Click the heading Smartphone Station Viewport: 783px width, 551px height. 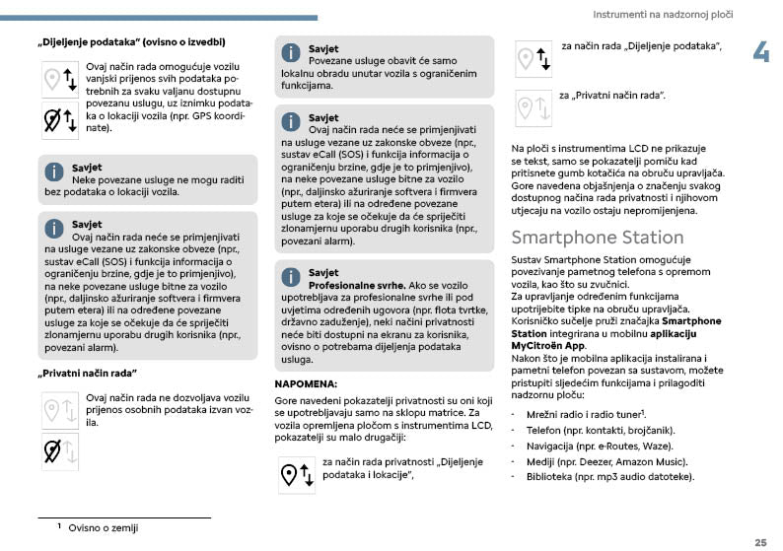point(597,238)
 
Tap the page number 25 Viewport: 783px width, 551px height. point(760,542)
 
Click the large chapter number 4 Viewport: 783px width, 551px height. point(760,53)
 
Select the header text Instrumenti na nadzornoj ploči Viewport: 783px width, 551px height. point(663,16)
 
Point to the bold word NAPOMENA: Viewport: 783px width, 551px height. point(306,382)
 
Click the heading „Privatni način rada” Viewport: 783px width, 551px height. point(86,373)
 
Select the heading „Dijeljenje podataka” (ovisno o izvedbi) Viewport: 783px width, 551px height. point(131,42)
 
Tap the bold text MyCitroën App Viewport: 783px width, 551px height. point(546,347)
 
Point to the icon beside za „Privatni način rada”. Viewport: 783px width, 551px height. point(533,106)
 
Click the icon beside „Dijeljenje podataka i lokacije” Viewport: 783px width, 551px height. point(297,473)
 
